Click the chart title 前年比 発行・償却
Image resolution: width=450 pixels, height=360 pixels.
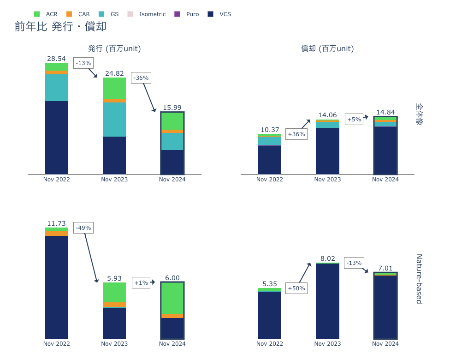[x=60, y=27]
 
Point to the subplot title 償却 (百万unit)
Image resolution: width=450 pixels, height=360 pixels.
[x=327, y=48]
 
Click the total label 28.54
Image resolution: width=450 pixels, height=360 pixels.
[x=56, y=59]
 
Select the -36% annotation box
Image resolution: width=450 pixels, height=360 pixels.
[x=141, y=78]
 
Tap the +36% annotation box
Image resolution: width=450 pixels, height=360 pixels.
[x=296, y=134]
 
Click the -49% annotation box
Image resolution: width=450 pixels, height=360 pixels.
[x=83, y=228]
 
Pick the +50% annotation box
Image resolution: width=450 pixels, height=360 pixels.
[x=296, y=288]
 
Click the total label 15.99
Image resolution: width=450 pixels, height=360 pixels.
[x=172, y=108]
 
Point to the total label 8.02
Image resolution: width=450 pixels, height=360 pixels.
[x=327, y=258]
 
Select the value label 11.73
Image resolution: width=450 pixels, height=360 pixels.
[x=56, y=223]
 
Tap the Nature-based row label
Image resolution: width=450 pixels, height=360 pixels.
[x=419, y=279]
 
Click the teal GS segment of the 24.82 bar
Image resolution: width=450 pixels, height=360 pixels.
[x=114, y=119]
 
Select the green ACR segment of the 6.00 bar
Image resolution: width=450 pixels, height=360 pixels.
[x=172, y=298]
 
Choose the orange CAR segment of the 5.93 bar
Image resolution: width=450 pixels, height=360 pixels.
[x=114, y=305]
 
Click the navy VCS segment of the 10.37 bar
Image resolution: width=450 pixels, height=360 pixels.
[x=270, y=160]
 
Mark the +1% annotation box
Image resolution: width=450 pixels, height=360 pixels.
[x=141, y=283]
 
